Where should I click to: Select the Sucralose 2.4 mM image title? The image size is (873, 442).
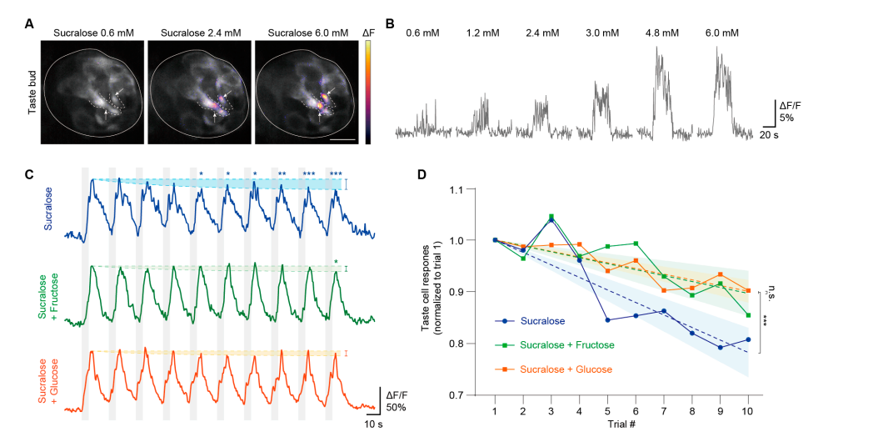(201, 33)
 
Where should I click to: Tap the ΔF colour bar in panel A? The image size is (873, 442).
(368, 92)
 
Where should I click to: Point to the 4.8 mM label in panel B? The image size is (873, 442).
(661, 33)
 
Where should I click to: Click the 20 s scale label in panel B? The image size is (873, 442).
(770, 133)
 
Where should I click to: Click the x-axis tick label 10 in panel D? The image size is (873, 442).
(749, 410)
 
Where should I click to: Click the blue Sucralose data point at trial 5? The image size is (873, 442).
(608, 319)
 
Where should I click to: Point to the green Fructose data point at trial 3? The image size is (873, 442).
(551, 217)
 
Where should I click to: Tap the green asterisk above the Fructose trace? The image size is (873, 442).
(337, 263)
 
